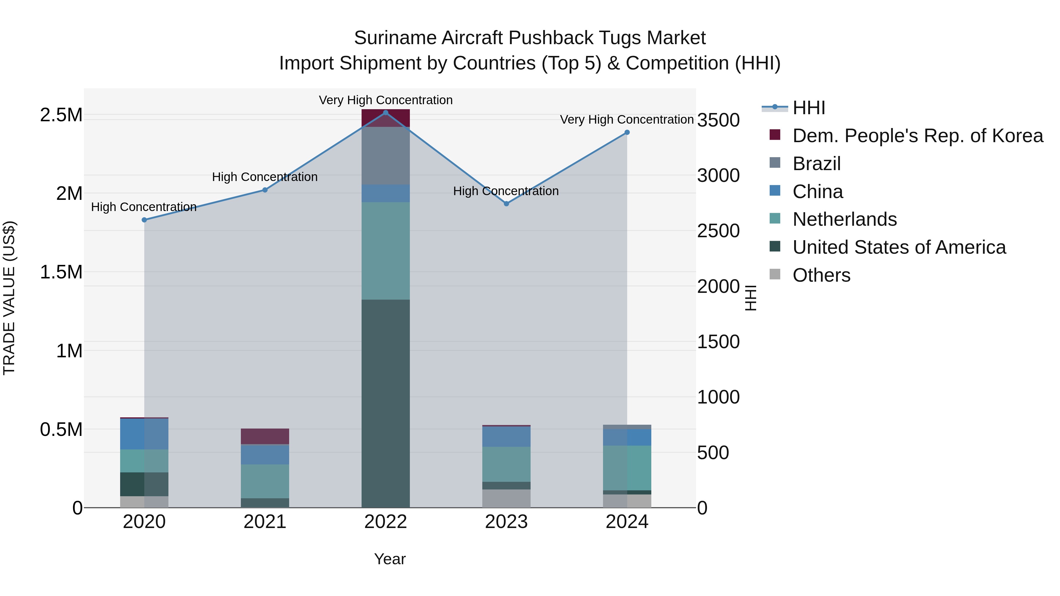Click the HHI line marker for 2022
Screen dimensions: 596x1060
point(385,112)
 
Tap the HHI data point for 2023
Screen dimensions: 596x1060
point(506,204)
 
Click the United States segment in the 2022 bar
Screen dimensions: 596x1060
point(385,403)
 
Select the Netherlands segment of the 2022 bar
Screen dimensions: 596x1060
point(385,250)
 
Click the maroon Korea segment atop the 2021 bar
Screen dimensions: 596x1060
point(265,436)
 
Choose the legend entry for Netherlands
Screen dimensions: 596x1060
point(844,219)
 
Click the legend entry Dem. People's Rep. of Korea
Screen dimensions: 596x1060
point(917,136)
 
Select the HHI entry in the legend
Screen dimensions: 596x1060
point(808,108)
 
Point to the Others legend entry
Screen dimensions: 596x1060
point(821,275)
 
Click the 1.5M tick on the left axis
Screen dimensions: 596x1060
point(61,272)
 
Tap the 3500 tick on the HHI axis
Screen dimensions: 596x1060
point(718,120)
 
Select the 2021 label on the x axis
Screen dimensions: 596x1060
point(265,522)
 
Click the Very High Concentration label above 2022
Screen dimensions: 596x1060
point(385,100)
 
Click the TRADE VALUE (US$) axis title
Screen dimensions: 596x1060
point(9,298)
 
